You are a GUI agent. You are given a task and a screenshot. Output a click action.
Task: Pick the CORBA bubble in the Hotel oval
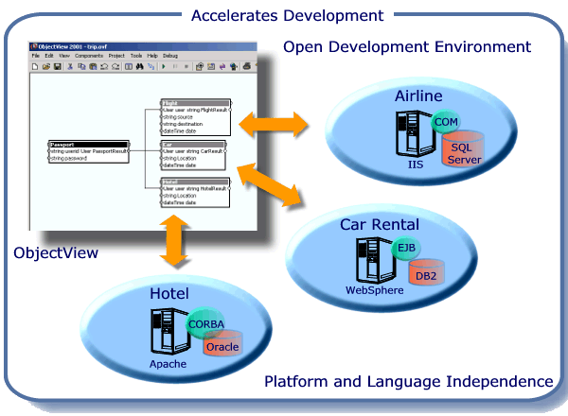click(206, 323)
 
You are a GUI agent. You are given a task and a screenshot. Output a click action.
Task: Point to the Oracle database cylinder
click(222, 346)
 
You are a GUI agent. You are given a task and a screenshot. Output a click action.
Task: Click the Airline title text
click(419, 98)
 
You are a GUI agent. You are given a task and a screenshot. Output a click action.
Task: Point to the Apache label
click(168, 363)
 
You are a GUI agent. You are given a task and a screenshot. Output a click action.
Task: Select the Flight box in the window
click(194, 114)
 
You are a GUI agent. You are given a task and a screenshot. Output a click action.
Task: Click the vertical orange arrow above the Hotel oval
click(171, 242)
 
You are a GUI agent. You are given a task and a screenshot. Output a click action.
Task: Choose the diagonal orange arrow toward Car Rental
click(273, 182)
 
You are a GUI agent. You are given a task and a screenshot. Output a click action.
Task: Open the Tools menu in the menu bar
click(136, 56)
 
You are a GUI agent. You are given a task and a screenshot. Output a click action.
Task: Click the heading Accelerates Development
click(287, 15)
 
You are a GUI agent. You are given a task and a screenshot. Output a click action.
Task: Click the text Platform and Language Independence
click(408, 381)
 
